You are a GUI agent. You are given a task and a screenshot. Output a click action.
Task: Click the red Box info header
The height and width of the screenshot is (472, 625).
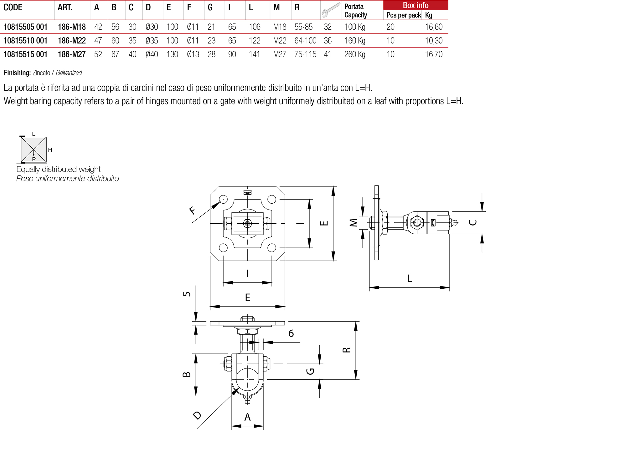point(415,5)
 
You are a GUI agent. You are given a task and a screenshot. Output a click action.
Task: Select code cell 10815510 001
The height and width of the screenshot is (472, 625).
point(25,41)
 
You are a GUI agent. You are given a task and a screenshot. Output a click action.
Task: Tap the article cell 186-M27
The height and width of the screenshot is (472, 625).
point(72,54)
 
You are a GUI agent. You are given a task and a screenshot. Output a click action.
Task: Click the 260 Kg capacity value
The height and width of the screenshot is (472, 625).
point(355,54)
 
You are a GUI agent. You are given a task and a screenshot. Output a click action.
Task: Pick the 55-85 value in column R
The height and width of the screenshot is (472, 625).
point(303,27)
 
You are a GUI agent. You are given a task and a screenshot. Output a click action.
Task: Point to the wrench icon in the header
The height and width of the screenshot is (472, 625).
point(330,10)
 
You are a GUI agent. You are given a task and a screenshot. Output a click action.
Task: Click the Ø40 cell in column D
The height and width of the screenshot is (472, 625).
point(152,54)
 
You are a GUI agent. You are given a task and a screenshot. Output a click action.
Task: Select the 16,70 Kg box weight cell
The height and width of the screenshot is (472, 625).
point(434,54)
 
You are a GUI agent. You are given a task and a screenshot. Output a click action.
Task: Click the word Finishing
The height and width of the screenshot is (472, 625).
point(17,73)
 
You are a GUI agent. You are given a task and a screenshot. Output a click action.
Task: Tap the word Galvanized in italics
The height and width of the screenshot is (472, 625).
point(69,73)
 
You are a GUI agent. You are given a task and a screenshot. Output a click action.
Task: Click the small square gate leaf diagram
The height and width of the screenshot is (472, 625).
point(34,150)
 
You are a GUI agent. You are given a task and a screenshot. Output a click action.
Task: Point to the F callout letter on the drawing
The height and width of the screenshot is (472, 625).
point(192,211)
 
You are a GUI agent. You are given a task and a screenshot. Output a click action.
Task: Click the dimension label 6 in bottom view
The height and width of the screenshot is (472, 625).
point(291,333)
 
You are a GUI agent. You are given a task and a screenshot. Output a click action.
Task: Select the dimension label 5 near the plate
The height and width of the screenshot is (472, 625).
point(187,294)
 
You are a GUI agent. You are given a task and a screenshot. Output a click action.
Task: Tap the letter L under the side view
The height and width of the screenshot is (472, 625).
point(409,278)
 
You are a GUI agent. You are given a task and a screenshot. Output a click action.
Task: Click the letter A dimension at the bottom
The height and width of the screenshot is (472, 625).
point(247,417)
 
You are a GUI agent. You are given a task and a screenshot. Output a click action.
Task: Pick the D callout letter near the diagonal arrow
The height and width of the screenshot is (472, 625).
point(197,415)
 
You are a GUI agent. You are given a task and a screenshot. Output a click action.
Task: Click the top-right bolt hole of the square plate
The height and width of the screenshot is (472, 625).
point(272,199)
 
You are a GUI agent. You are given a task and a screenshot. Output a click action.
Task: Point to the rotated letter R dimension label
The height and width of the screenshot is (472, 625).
point(346,350)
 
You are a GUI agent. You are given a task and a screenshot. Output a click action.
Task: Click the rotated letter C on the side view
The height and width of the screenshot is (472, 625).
point(473,222)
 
